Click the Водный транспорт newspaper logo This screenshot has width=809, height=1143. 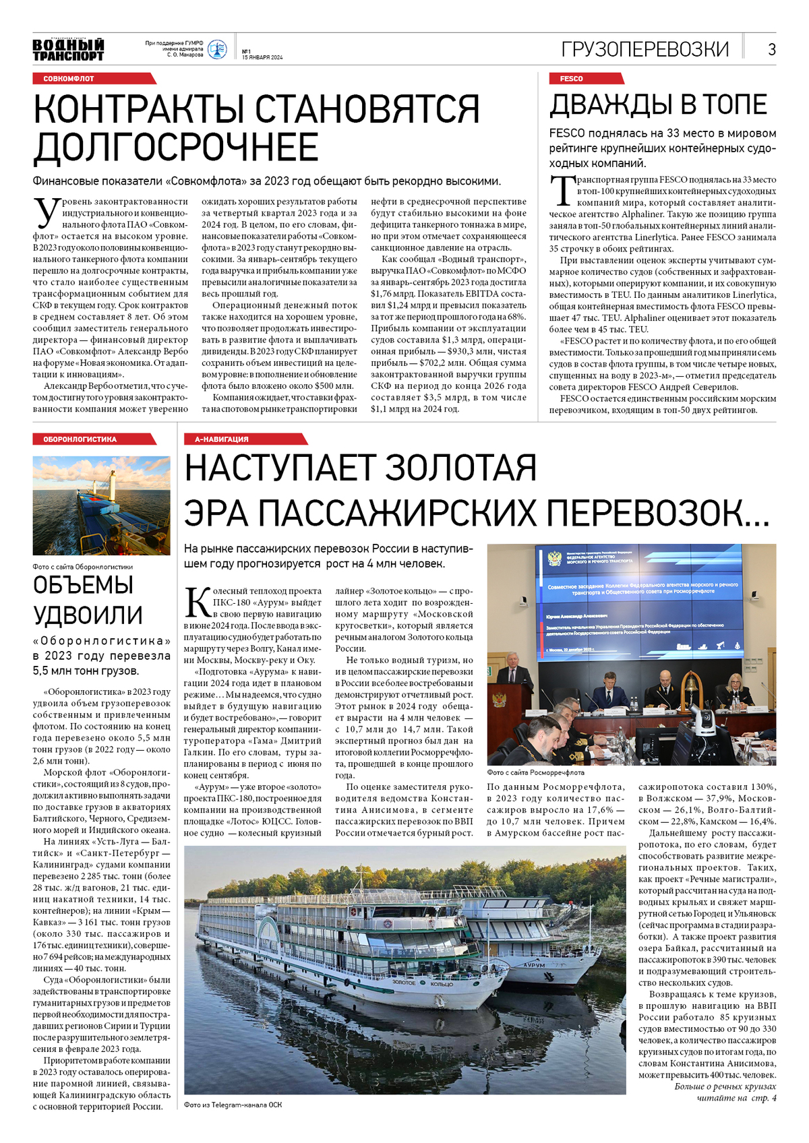point(68,50)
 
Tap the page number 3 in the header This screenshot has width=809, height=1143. point(771,49)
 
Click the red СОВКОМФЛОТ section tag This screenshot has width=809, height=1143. point(69,79)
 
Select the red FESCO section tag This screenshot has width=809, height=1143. point(571,79)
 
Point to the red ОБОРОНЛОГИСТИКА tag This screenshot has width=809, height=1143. point(80,439)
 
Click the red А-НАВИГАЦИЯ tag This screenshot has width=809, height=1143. point(222,439)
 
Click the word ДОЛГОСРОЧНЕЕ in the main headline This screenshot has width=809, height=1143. point(176,148)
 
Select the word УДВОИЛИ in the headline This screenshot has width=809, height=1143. point(88,615)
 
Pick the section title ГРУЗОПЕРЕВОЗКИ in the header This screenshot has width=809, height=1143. point(645,49)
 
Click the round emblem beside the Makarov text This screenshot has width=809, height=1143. point(217,49)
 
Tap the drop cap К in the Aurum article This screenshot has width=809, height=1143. point(198,602)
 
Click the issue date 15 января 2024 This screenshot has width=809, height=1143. point(262,57)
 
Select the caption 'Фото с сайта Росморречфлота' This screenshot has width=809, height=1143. point(535,772)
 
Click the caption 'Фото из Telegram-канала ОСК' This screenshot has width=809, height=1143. point(233,1105)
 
